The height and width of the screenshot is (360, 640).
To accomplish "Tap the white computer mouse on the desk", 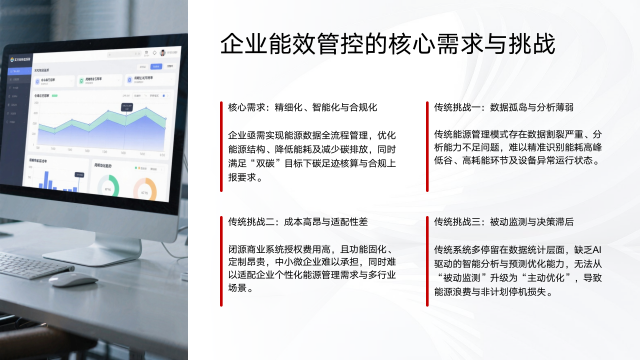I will point(69,279).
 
